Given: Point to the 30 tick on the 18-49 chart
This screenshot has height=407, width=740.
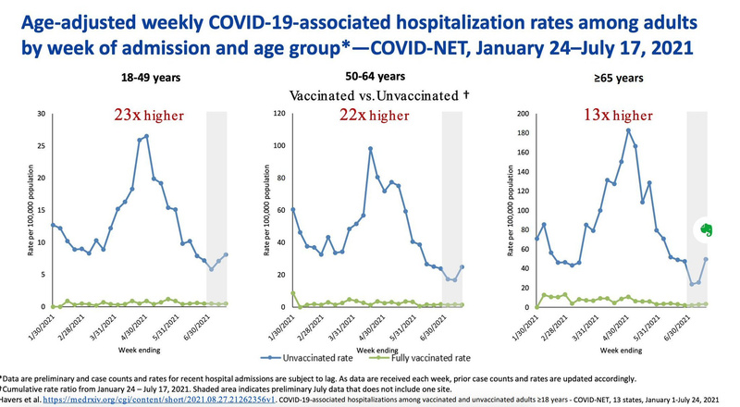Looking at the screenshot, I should (x=41, y=114).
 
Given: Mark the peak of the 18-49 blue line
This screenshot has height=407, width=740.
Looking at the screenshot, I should (x=146, y=136).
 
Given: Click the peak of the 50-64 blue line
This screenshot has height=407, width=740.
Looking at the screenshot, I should (x=370, y=148).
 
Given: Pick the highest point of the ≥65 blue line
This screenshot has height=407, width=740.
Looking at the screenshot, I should (x=628, y=129).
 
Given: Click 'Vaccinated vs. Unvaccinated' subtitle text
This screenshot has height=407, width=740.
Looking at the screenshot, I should (x=379, y=95).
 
